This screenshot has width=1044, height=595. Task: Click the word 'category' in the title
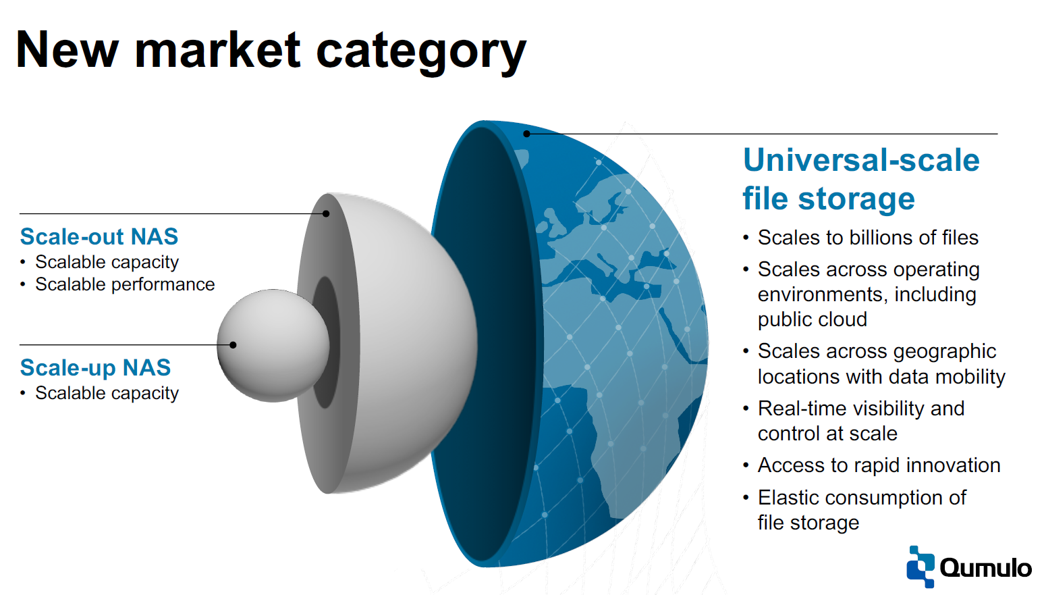(x=421, y=52)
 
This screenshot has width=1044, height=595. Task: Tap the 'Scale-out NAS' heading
(x=99, y=236)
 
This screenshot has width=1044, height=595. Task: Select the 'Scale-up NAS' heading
(x=95, y=367)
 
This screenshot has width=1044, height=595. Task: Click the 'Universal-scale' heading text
(x=861, y=160)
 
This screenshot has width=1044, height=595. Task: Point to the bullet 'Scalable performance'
(x=125, y=284)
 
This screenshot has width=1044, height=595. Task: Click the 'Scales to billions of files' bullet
(x=868, y=237)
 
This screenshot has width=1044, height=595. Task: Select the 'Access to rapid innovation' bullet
(x=879, y=465)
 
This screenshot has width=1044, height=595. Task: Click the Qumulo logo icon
(x=921, y=567)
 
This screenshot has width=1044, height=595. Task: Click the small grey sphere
(x=273, y=346)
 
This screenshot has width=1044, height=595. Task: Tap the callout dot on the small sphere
(x=233, y=345)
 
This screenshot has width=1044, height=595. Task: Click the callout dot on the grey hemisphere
(x=326, y=213)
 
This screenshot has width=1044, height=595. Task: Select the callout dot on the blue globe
(x=526, y=134)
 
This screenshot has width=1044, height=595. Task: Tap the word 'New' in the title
(x=67, y=51)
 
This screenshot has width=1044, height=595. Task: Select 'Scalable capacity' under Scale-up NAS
(x=107, y=393)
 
